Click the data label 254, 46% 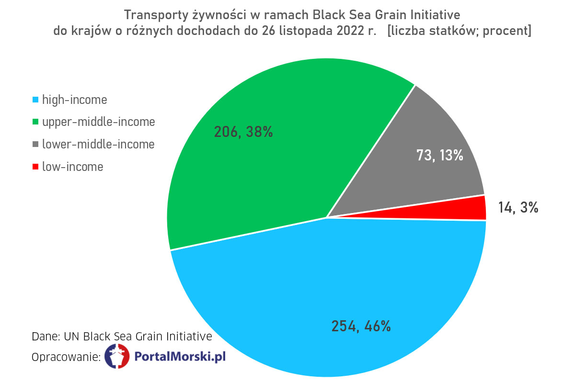click(x=361, y=326)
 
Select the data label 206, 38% click(x=243, y=132)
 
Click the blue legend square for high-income click(x=35, y=100)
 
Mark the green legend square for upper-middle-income click(x=35, y=122)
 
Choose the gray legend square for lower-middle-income click(x=35, y=144)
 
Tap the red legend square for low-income click(x=35, y=167)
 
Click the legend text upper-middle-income click(x=98, y=122)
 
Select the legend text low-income click(x=72, y=167)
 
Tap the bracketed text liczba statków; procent click(x=459, y=31)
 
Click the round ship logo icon click(x=117, y=357)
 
